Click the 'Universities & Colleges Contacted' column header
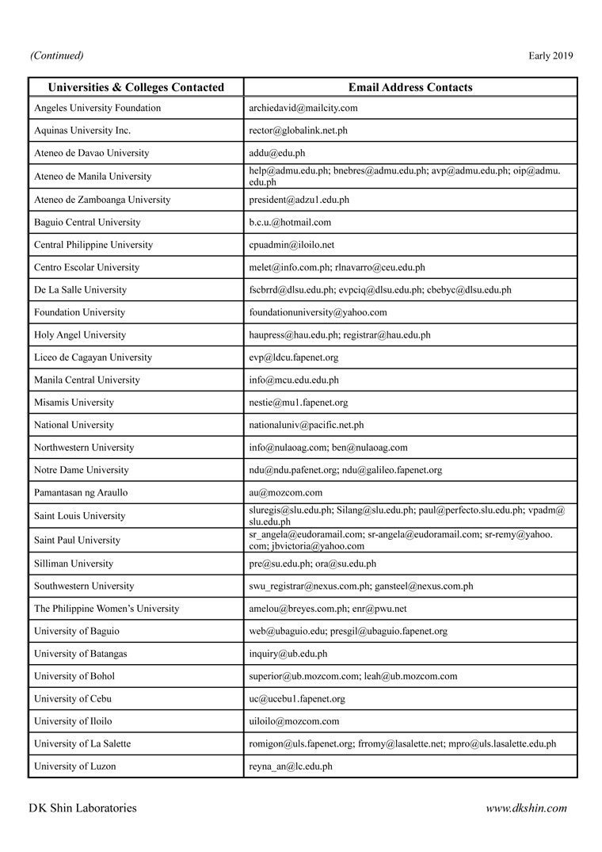[x=136, y=87]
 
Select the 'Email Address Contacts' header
[x=410, y=87]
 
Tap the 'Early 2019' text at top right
[x=551, y=55]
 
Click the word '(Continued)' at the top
[x=56, y=55]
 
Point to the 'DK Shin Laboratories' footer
[x=82, y=808]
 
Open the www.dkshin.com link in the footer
[x=526, y=808]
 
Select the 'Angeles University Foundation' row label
[x=97, y=108]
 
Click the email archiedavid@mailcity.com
[x=303, y=108]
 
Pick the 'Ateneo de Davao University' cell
[x=91, y=153]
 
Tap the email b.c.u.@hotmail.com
[x=290, y=223]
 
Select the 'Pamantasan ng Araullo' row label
[x=81, y=493]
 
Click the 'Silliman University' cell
[x=74, y=564]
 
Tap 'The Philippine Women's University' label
[x=106, y=609]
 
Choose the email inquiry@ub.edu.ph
[x=288, y=654]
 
